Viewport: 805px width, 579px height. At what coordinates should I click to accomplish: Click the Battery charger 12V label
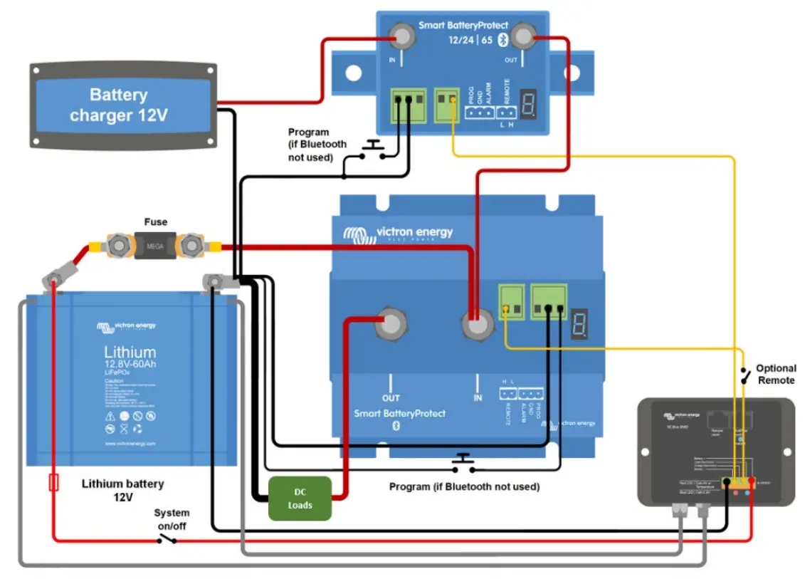tap(118, 105)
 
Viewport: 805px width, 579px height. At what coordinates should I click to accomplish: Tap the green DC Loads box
tap(300, 499)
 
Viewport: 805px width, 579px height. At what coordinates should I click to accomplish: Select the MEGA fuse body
tap(155, 247)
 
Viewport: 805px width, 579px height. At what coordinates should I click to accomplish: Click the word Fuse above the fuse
tap(155, 222)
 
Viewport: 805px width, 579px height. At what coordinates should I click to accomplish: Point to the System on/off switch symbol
tap(167, 540)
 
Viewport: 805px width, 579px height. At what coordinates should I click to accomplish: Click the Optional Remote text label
tap(775, 375)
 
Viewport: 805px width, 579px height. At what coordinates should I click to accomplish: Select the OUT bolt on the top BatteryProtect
tap(523, 36)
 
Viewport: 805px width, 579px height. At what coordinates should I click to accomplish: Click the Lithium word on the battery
tap(130, 352)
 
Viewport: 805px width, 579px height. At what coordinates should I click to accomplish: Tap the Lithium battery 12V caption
tap(122, 490)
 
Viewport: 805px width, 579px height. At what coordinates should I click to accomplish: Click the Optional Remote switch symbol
tap(744, 376)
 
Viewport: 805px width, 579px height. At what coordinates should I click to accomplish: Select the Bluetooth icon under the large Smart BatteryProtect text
tap(398, 426)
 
